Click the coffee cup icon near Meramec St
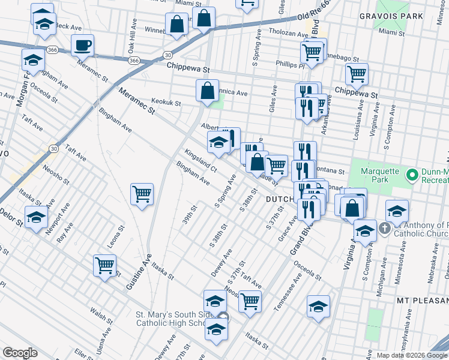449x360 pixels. click(82, 45)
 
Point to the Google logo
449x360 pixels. click(20, 353)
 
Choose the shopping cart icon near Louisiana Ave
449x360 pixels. click(357, 74)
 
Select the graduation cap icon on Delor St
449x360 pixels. click(35, 217)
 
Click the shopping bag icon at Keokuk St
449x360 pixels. click(207, 91)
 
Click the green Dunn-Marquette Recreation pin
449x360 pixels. click(412, 175)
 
